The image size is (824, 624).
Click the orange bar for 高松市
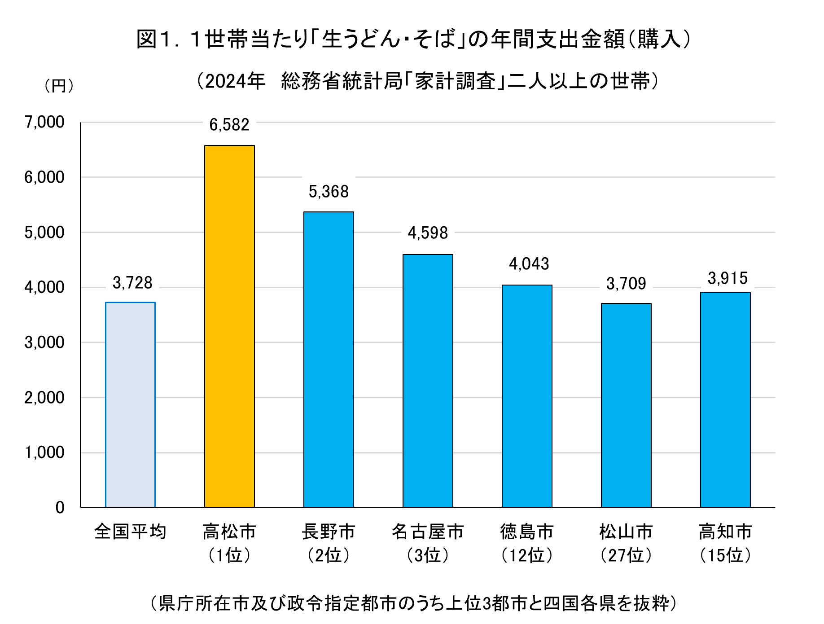229,326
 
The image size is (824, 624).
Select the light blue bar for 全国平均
130,404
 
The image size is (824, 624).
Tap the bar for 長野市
329,360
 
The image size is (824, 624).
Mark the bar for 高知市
725,400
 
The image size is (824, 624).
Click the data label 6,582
229,125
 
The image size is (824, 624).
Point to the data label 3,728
132,283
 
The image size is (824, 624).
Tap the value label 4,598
428,233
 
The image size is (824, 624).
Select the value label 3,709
626,284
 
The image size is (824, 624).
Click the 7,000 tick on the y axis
44,122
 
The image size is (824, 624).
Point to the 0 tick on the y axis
60,508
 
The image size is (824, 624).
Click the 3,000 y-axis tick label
44,343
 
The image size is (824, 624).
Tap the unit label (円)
59,86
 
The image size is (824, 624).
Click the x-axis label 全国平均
130,532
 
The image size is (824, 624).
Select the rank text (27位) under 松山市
626,555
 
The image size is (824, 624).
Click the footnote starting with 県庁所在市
413,603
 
